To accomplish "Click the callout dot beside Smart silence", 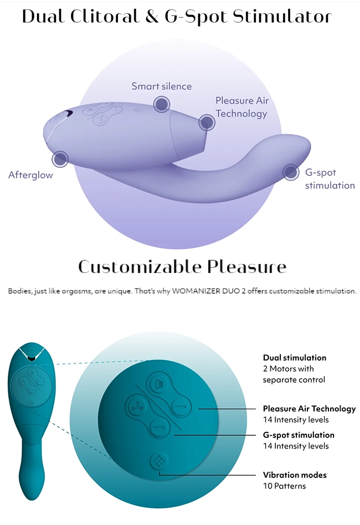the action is [162, 104].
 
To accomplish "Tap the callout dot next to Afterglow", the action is [60, 159].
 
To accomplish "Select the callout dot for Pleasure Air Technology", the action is [207, 122].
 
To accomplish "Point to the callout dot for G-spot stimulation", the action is [290, 172].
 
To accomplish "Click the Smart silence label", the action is [161, 86].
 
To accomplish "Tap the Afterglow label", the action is [31, 175].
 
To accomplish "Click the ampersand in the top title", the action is [152, 17].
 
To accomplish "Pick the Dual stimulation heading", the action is [295, 358].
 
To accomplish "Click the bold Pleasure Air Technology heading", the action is [310, 409].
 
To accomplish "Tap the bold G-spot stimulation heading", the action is [299, 435].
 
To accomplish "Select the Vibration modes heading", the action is [295, 475].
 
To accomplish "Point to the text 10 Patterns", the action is [284, 486].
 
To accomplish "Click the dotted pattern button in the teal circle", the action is [158, 461].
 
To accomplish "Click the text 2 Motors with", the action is [289, 369].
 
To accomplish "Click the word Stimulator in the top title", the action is [282, 17].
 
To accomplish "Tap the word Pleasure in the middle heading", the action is [246, 267].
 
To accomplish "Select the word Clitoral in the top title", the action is [105, 17].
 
